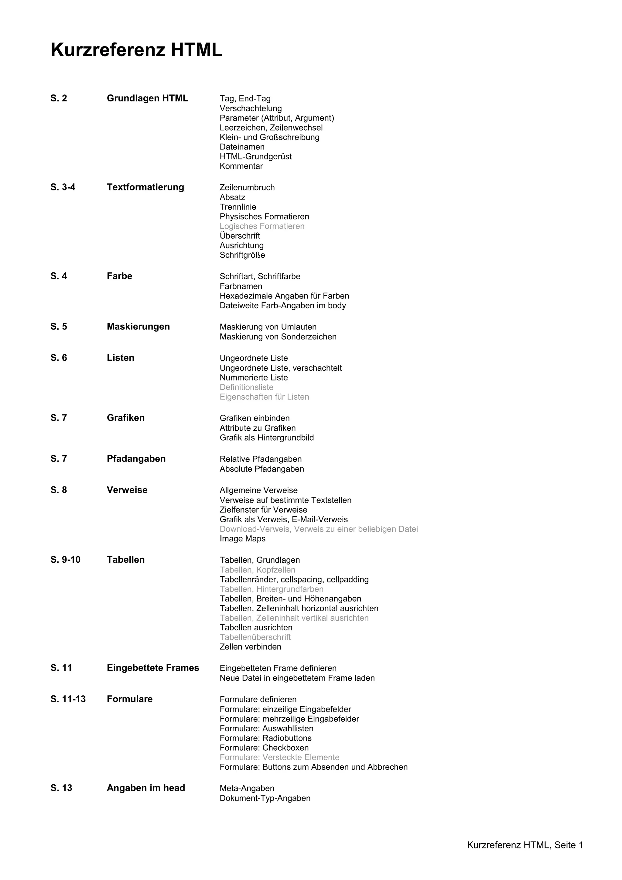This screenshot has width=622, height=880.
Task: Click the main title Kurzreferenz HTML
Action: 136,50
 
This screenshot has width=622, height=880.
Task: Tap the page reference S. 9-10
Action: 65,560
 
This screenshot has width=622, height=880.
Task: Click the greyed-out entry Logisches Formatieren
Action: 262,226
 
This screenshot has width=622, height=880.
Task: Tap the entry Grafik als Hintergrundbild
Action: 266,438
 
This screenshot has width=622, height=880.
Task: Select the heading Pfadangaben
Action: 136,459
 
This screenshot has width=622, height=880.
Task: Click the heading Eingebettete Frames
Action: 152,668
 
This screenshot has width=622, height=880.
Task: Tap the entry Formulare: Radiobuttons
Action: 265,738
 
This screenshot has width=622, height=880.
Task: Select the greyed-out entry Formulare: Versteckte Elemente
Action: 279,757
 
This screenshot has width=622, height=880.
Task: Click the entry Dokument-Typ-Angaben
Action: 265,798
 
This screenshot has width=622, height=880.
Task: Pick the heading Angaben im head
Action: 146,788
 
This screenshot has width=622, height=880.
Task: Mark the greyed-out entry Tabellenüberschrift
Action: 255,637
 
